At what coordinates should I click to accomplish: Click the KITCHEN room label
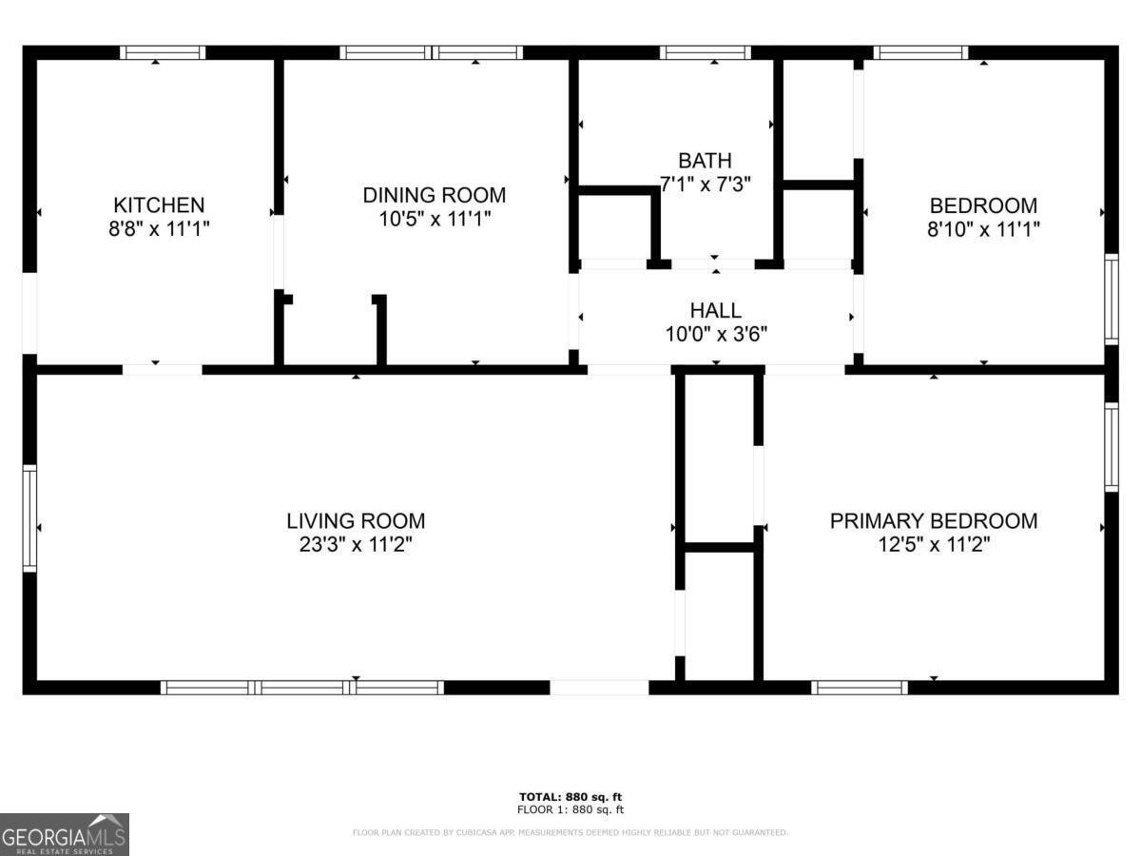tap(159, 204)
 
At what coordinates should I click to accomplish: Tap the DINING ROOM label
tap(434, 195)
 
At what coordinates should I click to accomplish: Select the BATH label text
tap(705, 160)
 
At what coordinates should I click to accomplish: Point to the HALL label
tap(715, 310)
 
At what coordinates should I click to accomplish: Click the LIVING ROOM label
tap(356, 521)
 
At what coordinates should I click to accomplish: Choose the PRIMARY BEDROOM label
tap(933, 521)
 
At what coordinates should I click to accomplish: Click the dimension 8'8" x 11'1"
tap(159, 229)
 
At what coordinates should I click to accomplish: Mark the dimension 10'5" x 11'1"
tap(434, 220)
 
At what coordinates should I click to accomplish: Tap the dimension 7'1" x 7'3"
tap(705, 184)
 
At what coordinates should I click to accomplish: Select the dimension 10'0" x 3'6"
tap(715, 334)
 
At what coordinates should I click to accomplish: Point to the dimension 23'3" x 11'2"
tap(356, 545)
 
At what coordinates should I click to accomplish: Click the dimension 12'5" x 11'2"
tap(933, 545)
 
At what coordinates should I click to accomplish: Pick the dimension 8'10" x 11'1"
tap(983, 229)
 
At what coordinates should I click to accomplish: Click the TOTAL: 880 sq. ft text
tap(570, 796)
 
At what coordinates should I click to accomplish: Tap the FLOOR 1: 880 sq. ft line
tap(570, 810)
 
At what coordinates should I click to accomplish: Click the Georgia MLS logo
tap(65, 834)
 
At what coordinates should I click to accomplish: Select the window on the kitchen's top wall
tap(163, 53)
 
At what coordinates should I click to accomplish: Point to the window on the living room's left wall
tap(29, 518)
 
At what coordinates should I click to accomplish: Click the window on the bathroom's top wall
tap(705, 53)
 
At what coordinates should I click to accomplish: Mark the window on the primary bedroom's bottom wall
tap(861, 687)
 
